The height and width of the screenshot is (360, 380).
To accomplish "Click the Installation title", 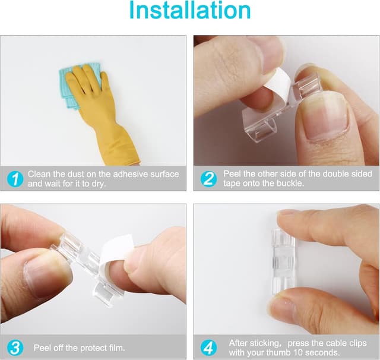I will [189, 11].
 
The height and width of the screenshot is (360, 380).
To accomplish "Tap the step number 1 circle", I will [14, 178].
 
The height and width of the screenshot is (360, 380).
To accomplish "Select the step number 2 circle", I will [209, 178].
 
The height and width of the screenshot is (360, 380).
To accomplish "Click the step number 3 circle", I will [14, 347].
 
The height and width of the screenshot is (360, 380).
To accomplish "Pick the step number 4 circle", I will [209, 347].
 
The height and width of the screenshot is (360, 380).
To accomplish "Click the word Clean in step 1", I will [40, 174].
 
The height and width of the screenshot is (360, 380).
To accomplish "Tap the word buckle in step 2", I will [293, 184].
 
